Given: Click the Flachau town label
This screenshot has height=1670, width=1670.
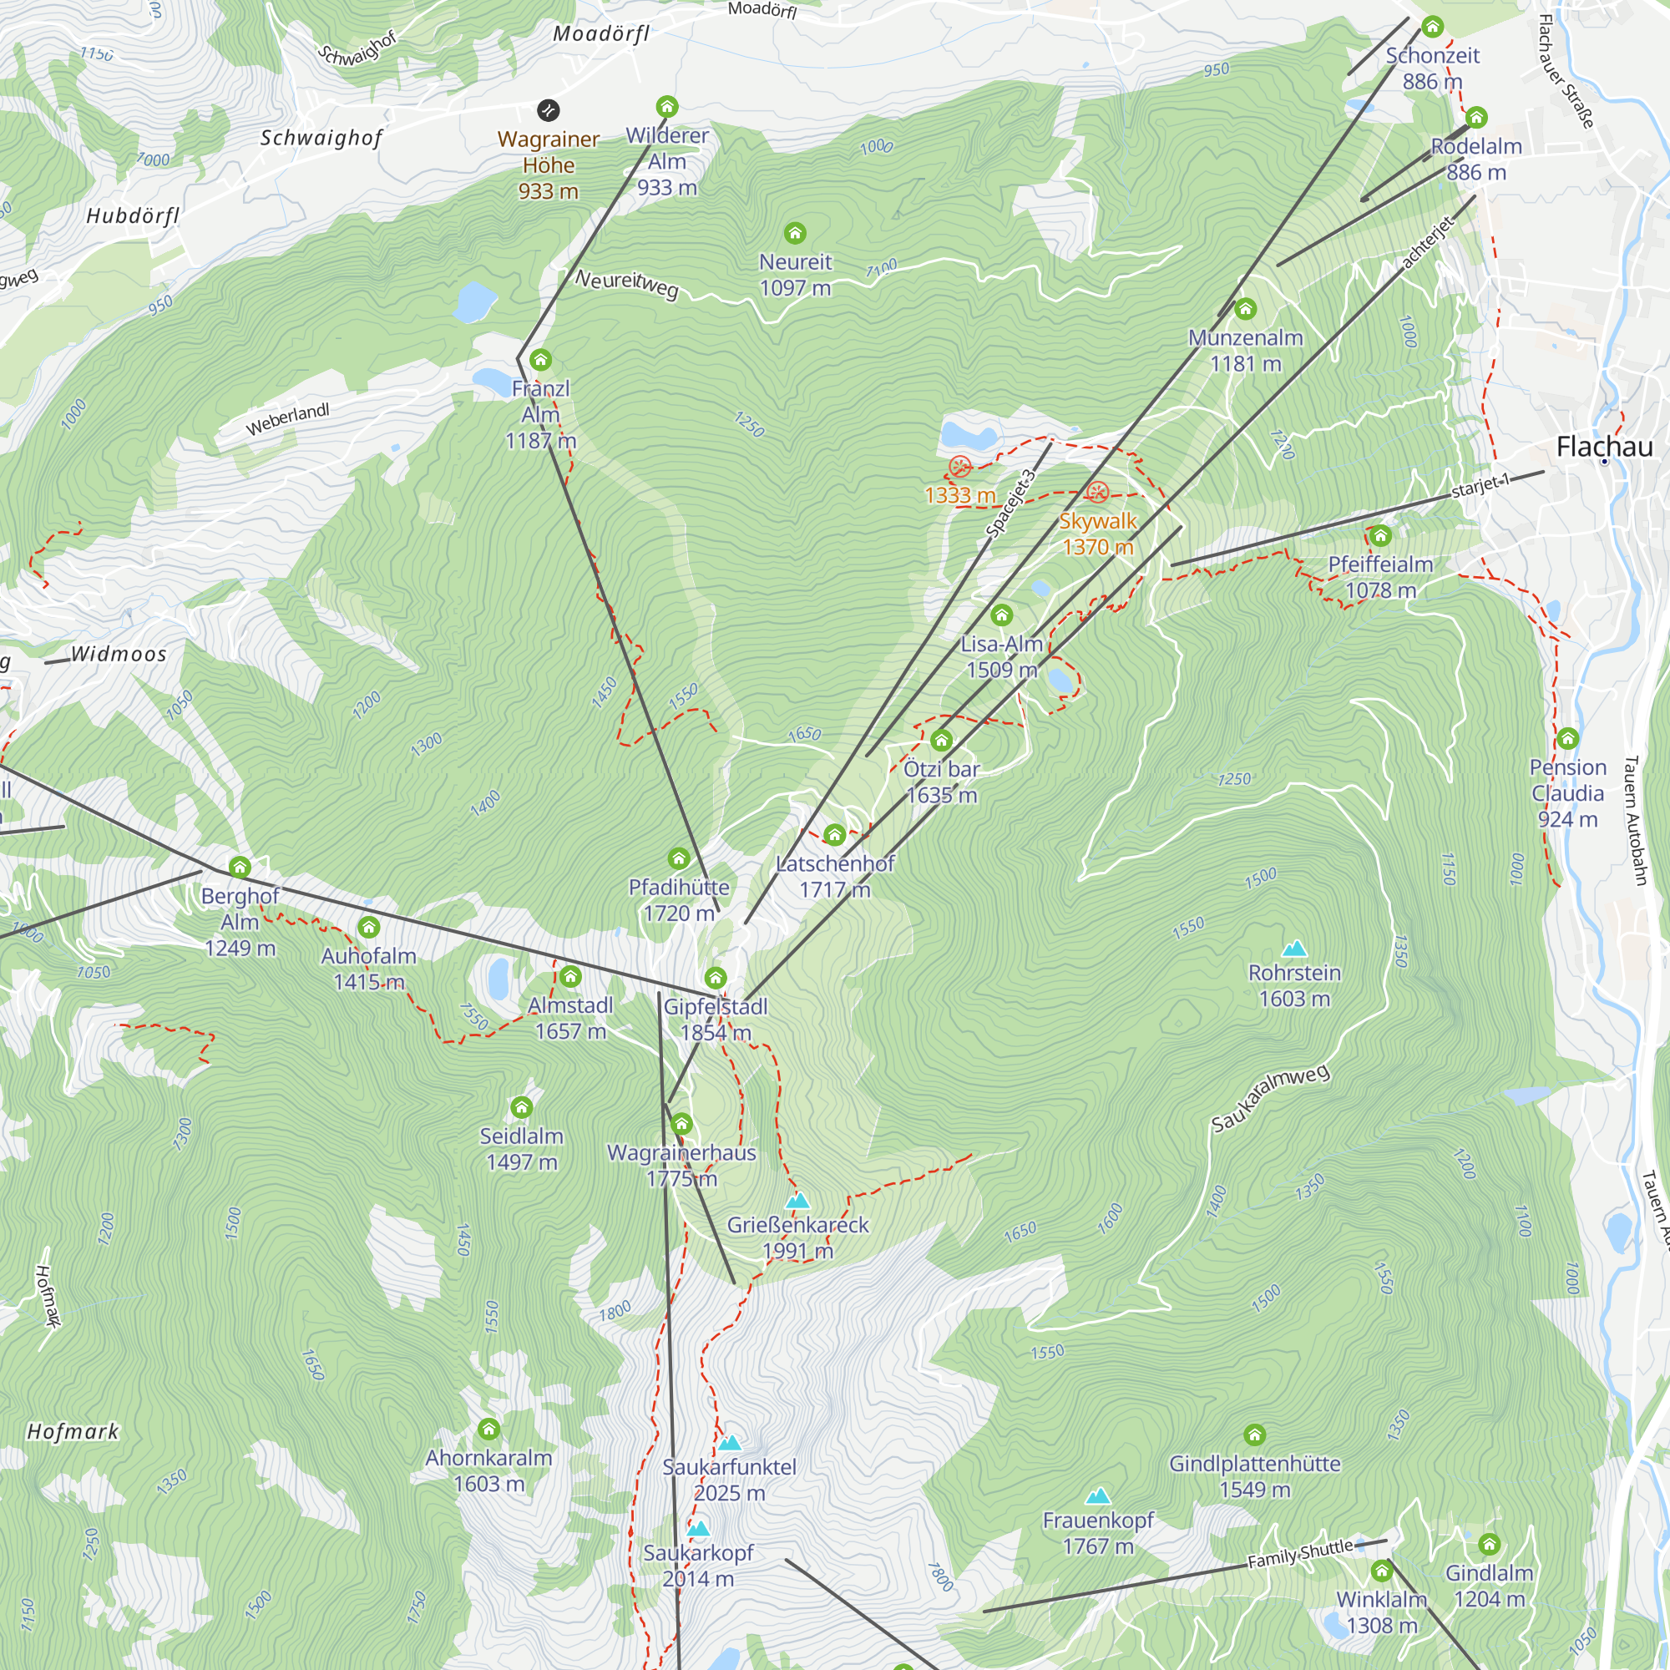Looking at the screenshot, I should pyautogui.click(x=1603, y=447).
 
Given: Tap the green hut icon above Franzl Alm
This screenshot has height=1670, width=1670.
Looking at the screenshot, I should pyautogui.click(x=541, y=360).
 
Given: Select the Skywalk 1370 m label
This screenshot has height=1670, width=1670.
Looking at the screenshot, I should pyautogui.click(x=1098, y=534).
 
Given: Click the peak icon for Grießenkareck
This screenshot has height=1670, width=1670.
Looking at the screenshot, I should pyautogui.click(x=797, y=1201).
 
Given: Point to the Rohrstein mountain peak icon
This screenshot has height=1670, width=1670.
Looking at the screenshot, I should pyautogui.click(x=1294, y=949).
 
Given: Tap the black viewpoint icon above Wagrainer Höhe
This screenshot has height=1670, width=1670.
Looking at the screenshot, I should pyautogui.click(x=548, y=109).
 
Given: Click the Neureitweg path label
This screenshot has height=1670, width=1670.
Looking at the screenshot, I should pyautogui.click(x=628, y=283).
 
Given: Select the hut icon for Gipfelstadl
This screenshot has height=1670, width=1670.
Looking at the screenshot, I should pyautogui.click(x=715, y=978).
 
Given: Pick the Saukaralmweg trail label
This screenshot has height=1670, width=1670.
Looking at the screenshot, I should pyautogui.click(x=1270, y=1098).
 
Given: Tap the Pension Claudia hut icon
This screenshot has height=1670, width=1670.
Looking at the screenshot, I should pyautogui.click(x=1568, y=738).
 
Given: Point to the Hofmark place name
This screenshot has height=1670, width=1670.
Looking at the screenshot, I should pyautogui.click(x=73, y=1431).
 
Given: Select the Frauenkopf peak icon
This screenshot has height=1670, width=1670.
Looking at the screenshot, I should pyautogui.click(x=1098, y=1495).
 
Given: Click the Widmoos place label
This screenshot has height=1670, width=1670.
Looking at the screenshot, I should pyautogui.click(x=119, y=654).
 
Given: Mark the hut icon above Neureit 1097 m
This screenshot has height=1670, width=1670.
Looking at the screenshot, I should pyautogui.click(x=794, y=232).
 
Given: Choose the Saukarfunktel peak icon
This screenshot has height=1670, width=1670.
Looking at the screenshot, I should pyautogui.click(x=730, y=1443).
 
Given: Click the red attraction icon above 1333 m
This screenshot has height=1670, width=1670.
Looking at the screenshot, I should pyautogui.click(x=959, y=467).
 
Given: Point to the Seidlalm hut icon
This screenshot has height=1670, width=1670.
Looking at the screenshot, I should pyautogui.click(x=521, y=1107).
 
